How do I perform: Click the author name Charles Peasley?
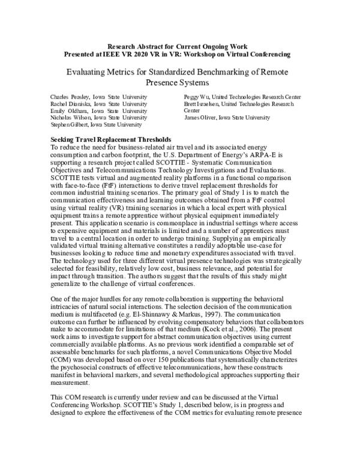[x=68, y=97]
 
